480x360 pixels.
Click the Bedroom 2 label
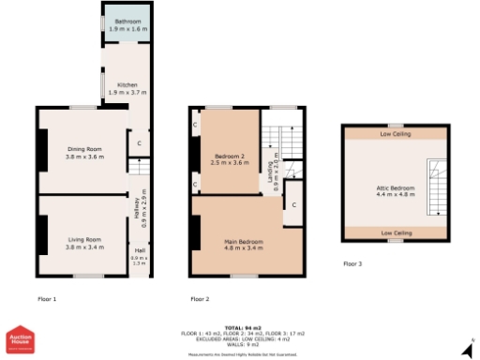coord(229,158)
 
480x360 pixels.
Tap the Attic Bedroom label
coord(394,191)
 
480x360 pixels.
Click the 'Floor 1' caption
coord(47,299)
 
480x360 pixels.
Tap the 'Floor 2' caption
coord(200,299)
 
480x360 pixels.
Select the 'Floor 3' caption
coord(352,263)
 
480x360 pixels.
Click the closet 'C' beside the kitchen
coord(139,143)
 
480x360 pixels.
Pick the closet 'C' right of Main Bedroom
coord(293,204)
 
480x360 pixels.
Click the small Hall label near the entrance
coord(139,256)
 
